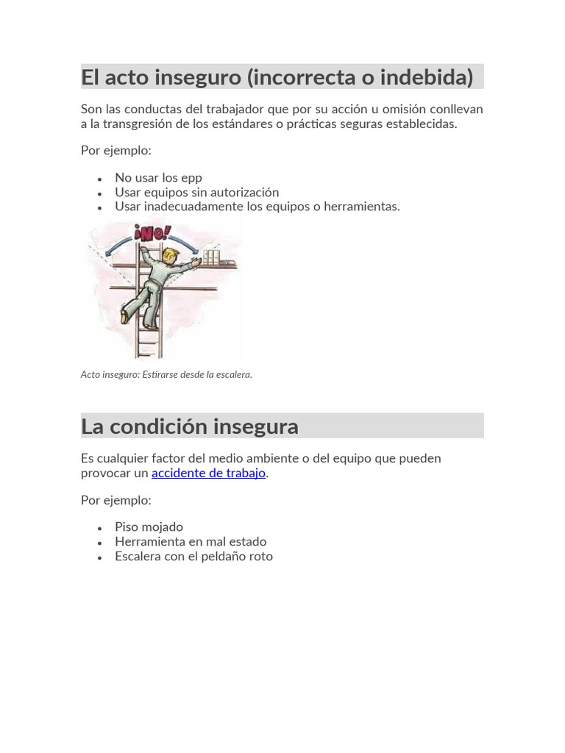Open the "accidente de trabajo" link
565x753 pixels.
click(x=208, y=473)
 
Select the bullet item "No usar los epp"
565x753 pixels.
click(x=158, y=177)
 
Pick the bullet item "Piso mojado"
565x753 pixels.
click(x=149, y=527)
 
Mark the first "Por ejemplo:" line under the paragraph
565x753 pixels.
click(x=116, y=151)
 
